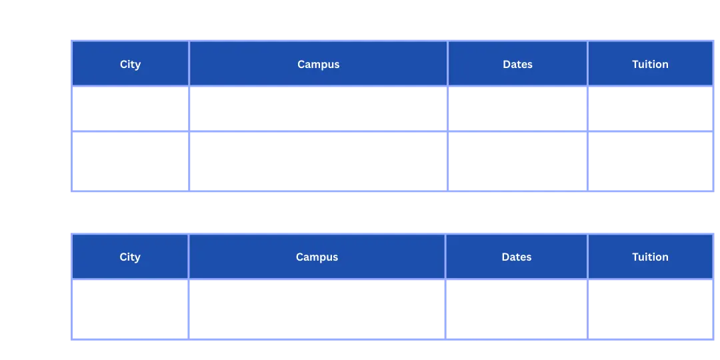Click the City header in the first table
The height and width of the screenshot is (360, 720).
[131, 64]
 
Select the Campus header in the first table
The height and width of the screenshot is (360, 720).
[318, 64]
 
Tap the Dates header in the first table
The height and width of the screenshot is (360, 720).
[517, 64]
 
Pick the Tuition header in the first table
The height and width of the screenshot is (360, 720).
[650, 64]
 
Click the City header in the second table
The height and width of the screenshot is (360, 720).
[130, 257]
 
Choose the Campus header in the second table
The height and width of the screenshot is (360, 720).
[317, 257]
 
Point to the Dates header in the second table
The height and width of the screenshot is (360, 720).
[517, 257]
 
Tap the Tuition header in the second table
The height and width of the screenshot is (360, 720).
[650, 257]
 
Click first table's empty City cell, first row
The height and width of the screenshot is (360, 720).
[131, 109]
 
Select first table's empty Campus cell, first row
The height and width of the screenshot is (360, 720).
[318, 109]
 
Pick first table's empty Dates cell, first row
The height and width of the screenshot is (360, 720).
[517, 109]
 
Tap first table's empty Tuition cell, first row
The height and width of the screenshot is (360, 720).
[650, 109]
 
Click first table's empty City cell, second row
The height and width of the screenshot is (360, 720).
[131, 161]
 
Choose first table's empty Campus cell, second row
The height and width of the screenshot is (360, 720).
[318, 161]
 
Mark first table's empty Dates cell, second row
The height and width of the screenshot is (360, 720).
[517, 161]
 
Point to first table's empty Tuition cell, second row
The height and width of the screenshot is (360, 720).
[650, 161]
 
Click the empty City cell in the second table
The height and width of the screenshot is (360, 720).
[130, 309]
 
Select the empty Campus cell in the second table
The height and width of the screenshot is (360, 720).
[317, 309]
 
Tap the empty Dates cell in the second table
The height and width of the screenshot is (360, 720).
[517, 309]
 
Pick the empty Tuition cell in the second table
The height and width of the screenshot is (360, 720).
[650, 309]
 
